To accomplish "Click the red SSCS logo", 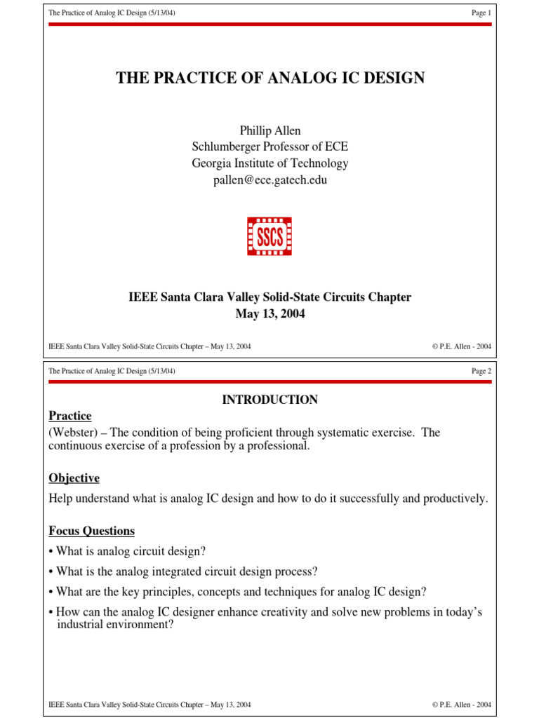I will (269, 236).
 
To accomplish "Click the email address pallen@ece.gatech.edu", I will (270, 180).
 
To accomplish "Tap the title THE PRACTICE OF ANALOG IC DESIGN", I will (270, 78).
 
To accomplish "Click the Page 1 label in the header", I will (481, 13).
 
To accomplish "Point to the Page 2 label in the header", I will (481, 371).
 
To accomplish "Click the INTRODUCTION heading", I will (270, 400).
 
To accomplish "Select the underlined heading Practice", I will (70, 416).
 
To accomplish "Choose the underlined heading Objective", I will (74, 478).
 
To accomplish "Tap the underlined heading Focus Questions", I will (91, 531).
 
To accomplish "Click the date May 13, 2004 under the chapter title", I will (270, 314).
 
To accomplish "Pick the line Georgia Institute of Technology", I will (270, 163).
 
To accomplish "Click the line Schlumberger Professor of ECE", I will (270, 147).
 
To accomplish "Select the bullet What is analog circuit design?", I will (131, 551).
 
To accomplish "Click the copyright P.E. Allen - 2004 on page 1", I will (462, 346).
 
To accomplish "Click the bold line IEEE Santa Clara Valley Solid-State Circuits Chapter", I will (270, 297).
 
